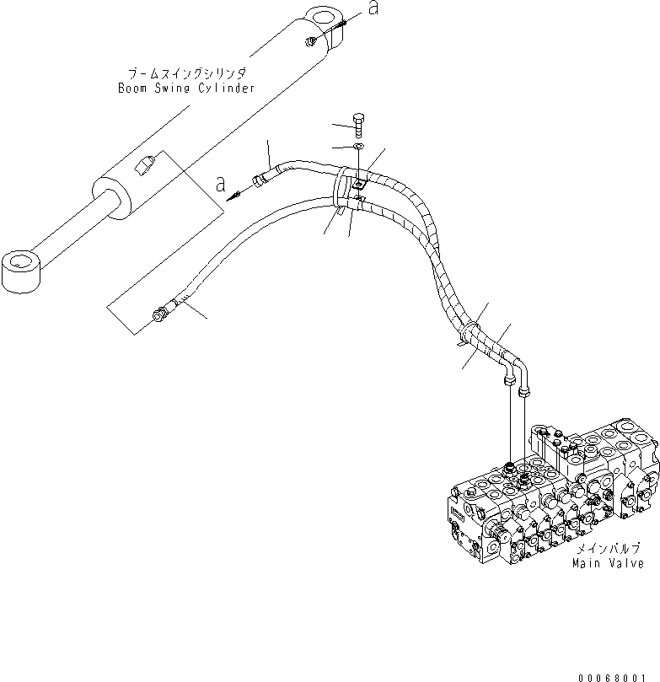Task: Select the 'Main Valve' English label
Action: pyautogui.click(x=609, y=563)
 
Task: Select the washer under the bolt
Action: pyautogui.click(x=358, y=148)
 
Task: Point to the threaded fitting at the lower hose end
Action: pyautogui.click(x=159, y=316)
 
